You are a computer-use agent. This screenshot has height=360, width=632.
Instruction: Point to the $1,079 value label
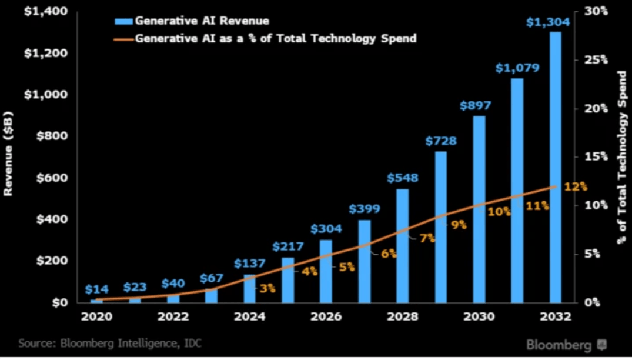[517, 68]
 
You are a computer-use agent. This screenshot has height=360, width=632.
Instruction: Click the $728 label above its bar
[441, 141]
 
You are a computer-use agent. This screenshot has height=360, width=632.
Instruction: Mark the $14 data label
[96, 289]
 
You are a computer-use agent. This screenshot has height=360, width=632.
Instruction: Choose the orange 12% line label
[576, 186]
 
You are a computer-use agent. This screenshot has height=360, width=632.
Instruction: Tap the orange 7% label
[427, 238]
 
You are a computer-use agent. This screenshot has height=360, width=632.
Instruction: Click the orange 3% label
[267, 288]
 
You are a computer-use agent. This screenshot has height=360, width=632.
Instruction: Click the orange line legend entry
[265, 38]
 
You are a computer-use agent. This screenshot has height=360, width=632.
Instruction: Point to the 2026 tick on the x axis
[326, 317]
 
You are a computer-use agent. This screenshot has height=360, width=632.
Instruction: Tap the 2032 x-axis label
[555, 317]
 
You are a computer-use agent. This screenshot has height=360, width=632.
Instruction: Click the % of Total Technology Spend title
[621, 156]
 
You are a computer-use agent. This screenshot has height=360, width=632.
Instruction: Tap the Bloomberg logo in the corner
[565, 345]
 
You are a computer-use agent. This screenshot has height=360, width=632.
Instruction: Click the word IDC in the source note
[192, 343]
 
